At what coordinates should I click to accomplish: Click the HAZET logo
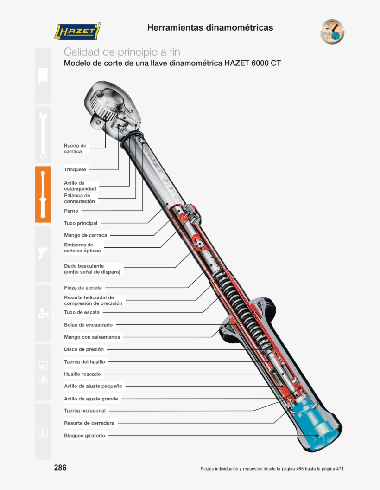coord(78,32)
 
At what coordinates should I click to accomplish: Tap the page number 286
coord(60,468)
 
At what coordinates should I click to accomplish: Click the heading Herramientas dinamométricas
coord(210,28)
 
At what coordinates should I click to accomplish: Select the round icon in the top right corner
coord(332,32)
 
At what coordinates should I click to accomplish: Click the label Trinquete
coord(75,170)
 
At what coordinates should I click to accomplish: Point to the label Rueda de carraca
coord(75,148)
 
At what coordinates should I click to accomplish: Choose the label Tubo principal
coord(81,223)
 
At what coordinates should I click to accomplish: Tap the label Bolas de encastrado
coord(88,325)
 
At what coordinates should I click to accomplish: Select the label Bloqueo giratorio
coord(85,436)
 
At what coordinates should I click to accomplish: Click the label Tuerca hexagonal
coord(85,411)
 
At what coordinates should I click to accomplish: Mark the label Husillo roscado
coord(82,374)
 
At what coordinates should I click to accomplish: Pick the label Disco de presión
coord(84,349)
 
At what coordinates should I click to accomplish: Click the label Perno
coord(71,211)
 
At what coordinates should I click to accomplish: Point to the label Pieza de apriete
coord(83,288)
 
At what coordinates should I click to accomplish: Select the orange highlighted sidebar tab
coord(43,194)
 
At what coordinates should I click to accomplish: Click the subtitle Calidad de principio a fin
coord(122,52)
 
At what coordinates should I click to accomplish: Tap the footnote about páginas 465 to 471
coord(272,469)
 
